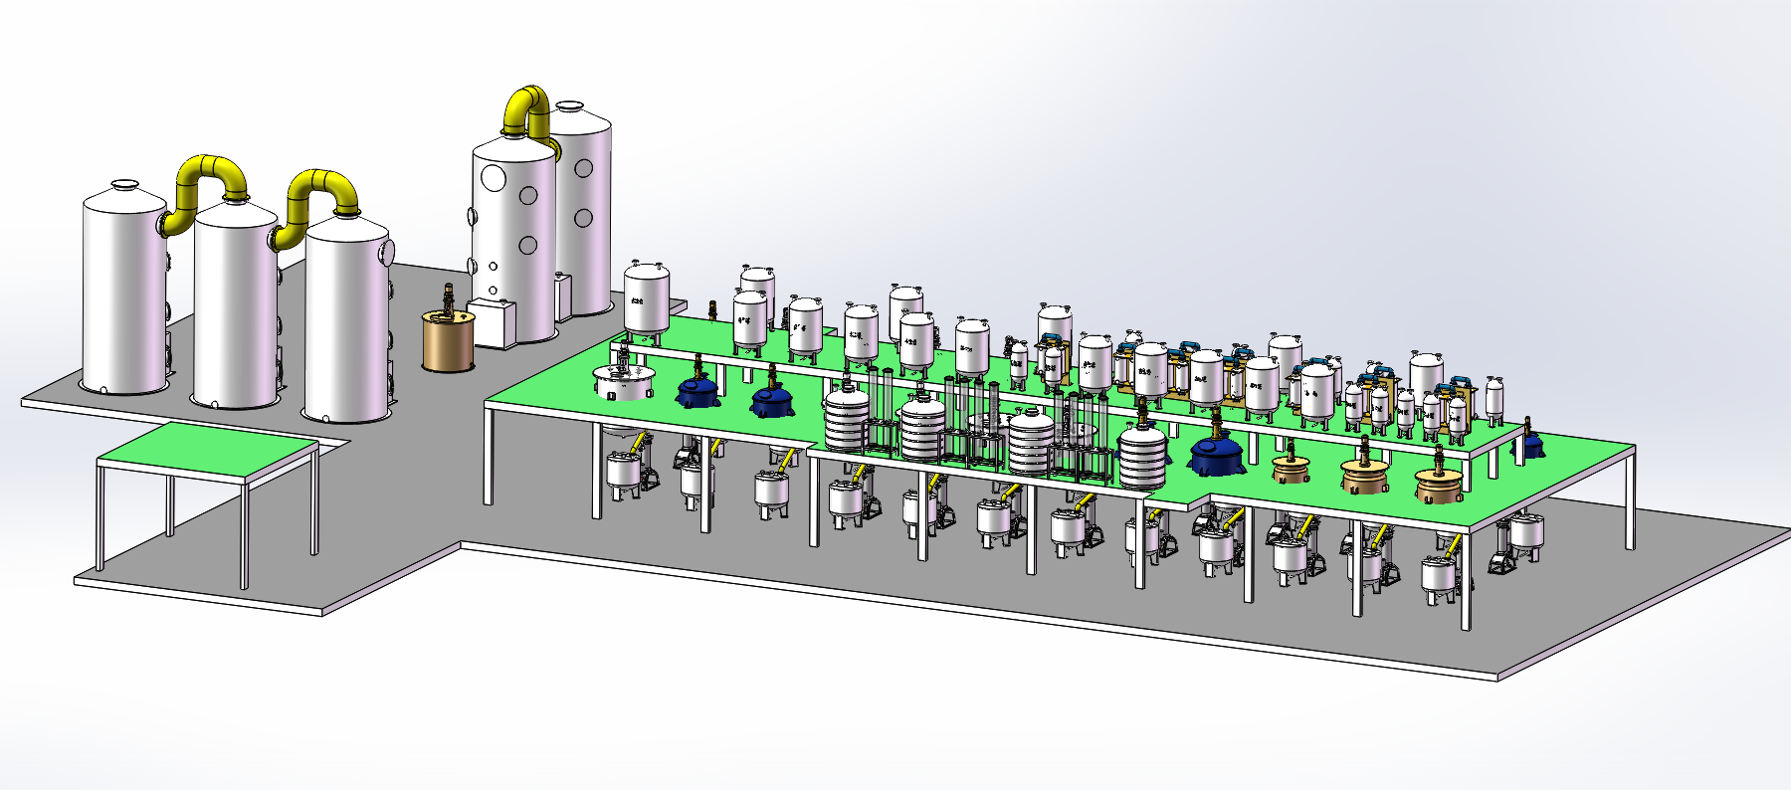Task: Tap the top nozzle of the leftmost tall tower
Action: (x=124, y=185)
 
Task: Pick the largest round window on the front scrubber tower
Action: (x=494, y=178)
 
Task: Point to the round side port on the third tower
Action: (x=388, y=250)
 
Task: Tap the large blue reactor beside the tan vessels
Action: (x=1216, y=456)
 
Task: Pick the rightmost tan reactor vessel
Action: (x=1439, y=485)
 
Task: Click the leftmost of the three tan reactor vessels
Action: (x=1292, y=468)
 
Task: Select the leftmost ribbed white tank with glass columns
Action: (x=846, y=421)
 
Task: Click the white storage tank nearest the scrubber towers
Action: (x=647, y=298)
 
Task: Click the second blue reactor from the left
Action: (x=772, y=400)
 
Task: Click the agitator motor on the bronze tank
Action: (x=448, y=296)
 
